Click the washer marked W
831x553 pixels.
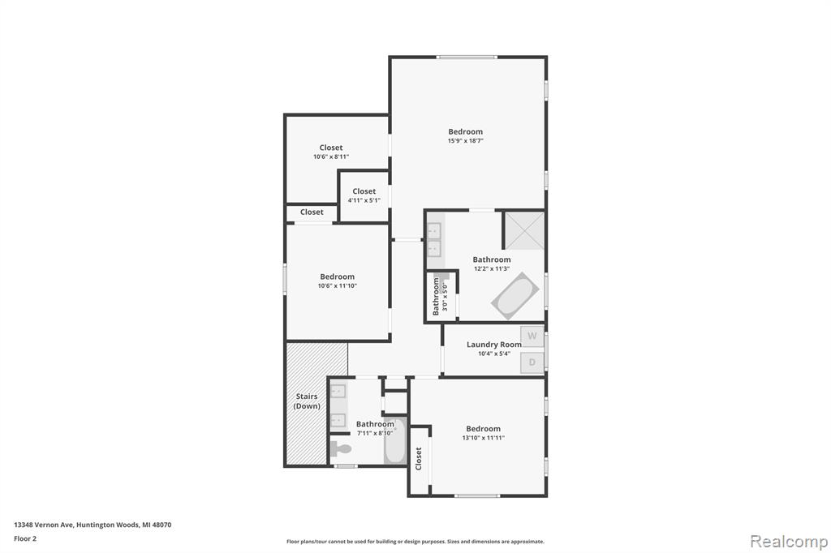click(532, 336)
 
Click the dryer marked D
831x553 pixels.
click(532, 362)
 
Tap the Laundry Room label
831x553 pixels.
click(494, 345)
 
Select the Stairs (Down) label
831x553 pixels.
click(307, 401)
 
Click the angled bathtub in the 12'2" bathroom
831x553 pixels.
click(515, 296)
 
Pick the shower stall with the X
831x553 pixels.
click(523, 231)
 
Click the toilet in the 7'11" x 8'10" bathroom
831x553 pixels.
click(341, 449)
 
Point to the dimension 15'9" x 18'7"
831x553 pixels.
click(465, 141)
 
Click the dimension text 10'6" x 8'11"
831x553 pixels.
click(331, 156)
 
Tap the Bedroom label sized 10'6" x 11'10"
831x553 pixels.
click(337, 276)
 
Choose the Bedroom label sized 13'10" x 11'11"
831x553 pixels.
click(483, 428)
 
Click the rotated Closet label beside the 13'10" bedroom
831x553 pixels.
click(418, 458)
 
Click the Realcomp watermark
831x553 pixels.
click(789, 542)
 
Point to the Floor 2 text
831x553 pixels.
click(25, 538)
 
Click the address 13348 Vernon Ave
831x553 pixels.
click(44, 525)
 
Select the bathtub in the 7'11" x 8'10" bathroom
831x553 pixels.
click(395, 441)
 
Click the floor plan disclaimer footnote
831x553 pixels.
click(415, 542)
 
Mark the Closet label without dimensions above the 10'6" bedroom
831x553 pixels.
click(312, 212)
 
